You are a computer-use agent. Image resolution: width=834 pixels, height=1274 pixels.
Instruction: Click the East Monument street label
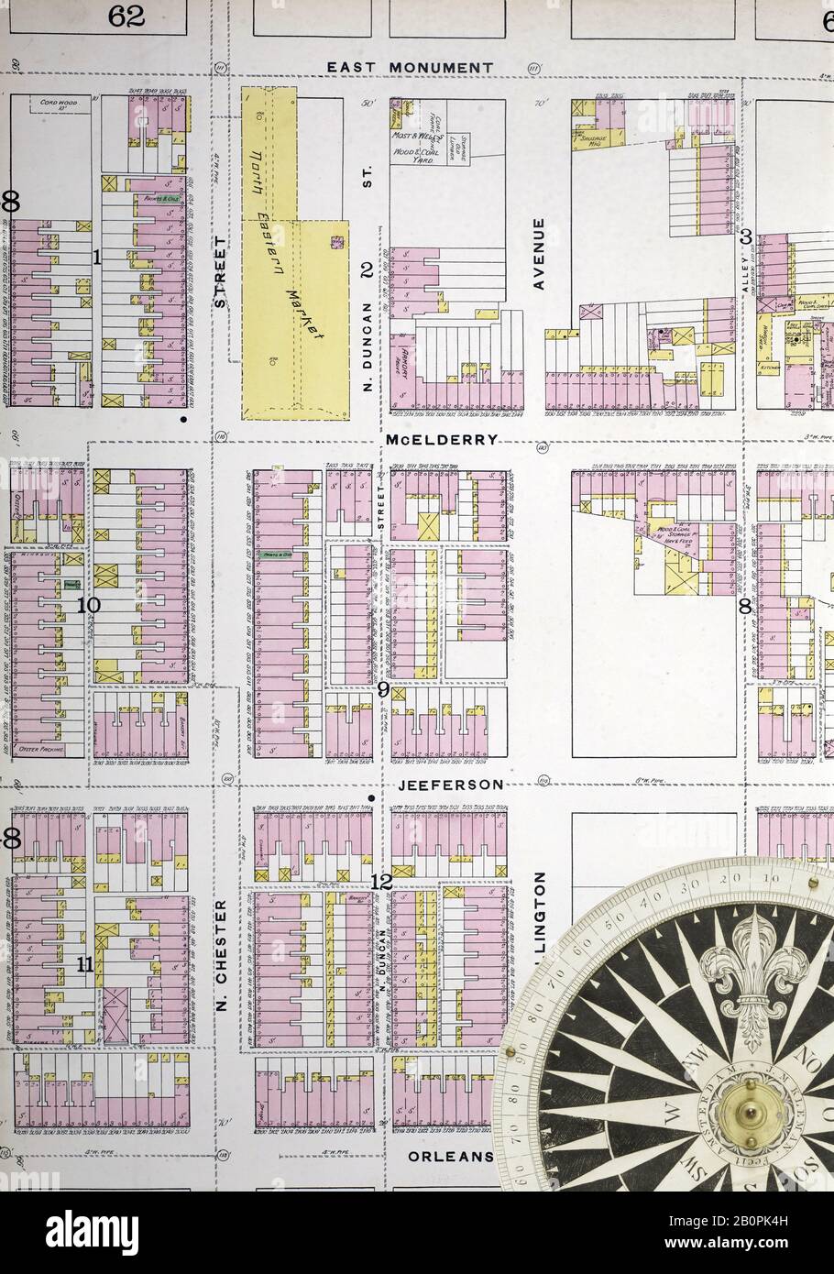[x=410, y=68]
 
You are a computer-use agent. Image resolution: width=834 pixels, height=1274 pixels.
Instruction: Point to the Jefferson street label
[x=450, y=785]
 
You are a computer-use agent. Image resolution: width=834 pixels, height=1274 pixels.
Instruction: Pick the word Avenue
[x=539, y=254]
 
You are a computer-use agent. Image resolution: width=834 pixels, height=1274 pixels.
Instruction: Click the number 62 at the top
[x=126, y=16]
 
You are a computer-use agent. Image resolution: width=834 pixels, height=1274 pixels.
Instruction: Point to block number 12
[x=381, y=882]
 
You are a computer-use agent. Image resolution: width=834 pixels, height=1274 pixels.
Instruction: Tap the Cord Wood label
[x=60, y=104]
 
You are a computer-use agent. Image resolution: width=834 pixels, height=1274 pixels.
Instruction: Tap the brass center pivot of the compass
[x=744, y=1114]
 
